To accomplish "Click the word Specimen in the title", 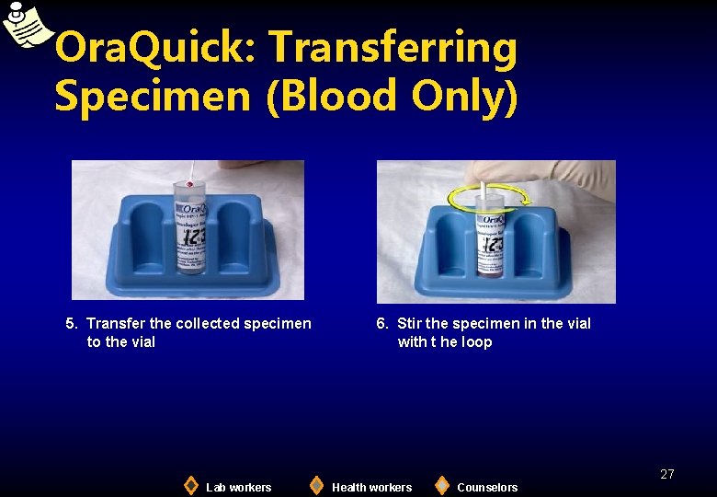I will click(152, 96).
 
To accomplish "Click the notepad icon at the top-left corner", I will click(26, 25).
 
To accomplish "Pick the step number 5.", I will click(71, 323).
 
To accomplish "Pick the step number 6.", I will click(381, 323).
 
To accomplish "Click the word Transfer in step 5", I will click(116, 323).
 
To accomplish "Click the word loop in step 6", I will click(477, 341).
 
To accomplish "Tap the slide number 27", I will click(667, 474).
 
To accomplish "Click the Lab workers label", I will click(239, 487).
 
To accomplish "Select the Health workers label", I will click(371, 487).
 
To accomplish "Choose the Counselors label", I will click(487, 487).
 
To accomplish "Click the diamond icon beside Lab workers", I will click(190, 485).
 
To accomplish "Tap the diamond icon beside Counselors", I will click(442, 485).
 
